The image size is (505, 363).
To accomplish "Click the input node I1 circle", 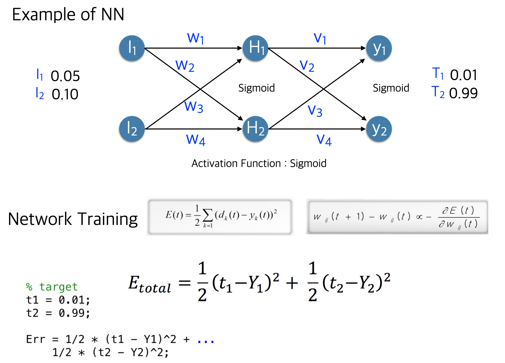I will pyautogui.click(x=132, y=48).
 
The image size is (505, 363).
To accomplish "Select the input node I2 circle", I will pyautogui.click(x=132, y=129).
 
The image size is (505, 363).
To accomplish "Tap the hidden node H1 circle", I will pyautogui.click(x=255, y=48).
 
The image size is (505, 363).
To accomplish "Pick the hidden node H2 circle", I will pyautogui.click(x=255, y=129).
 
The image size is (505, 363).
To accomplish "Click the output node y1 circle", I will pyautogui.click(x=379, y=48).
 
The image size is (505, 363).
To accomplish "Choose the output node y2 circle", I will pyautogui.click(x=379, y=129).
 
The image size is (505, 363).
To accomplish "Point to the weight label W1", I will pyautogui.click(x=196, y=38).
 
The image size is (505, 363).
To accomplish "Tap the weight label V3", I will pyautogui.click(x=315, y=111).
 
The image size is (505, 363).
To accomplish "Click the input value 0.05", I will pyautogui.click(x=65, y=76).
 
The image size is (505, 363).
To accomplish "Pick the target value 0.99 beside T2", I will pyautogui.click(x=463, y=93).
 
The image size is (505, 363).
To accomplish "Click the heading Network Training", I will pyautogui.click(x=73, y=219).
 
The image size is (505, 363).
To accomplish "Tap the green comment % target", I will pyautogui.click(x=52, y=287).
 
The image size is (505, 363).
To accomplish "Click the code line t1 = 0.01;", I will pyautogui.click(x=58, y=300).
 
